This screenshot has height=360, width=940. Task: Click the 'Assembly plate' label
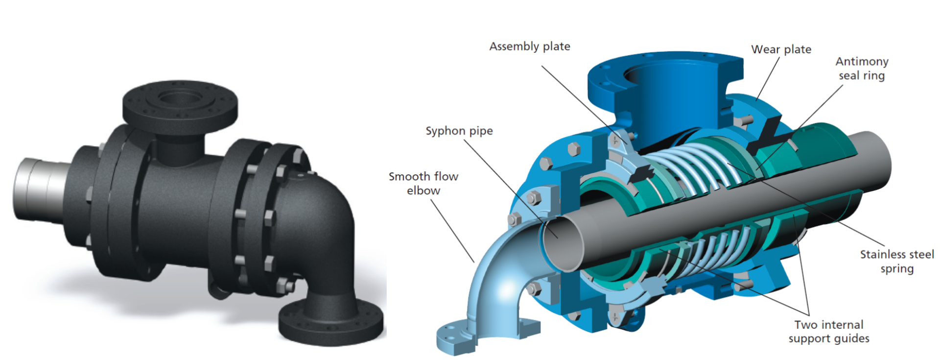click(530, 47)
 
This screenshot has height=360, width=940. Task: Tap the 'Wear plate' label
click(781, 49)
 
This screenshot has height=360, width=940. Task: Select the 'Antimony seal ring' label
click(862, 69)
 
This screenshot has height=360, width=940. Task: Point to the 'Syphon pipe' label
click(459, 131)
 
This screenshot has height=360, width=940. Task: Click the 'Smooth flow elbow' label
click(423, 183)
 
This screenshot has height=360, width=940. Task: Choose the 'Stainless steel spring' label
click(897, 262)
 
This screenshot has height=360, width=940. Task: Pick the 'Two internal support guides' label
click(829, 332)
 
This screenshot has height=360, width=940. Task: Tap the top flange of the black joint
click(180, 103)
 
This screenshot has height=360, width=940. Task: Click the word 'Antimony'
click(862, 62)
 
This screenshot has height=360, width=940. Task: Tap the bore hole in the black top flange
click(181, 96)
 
